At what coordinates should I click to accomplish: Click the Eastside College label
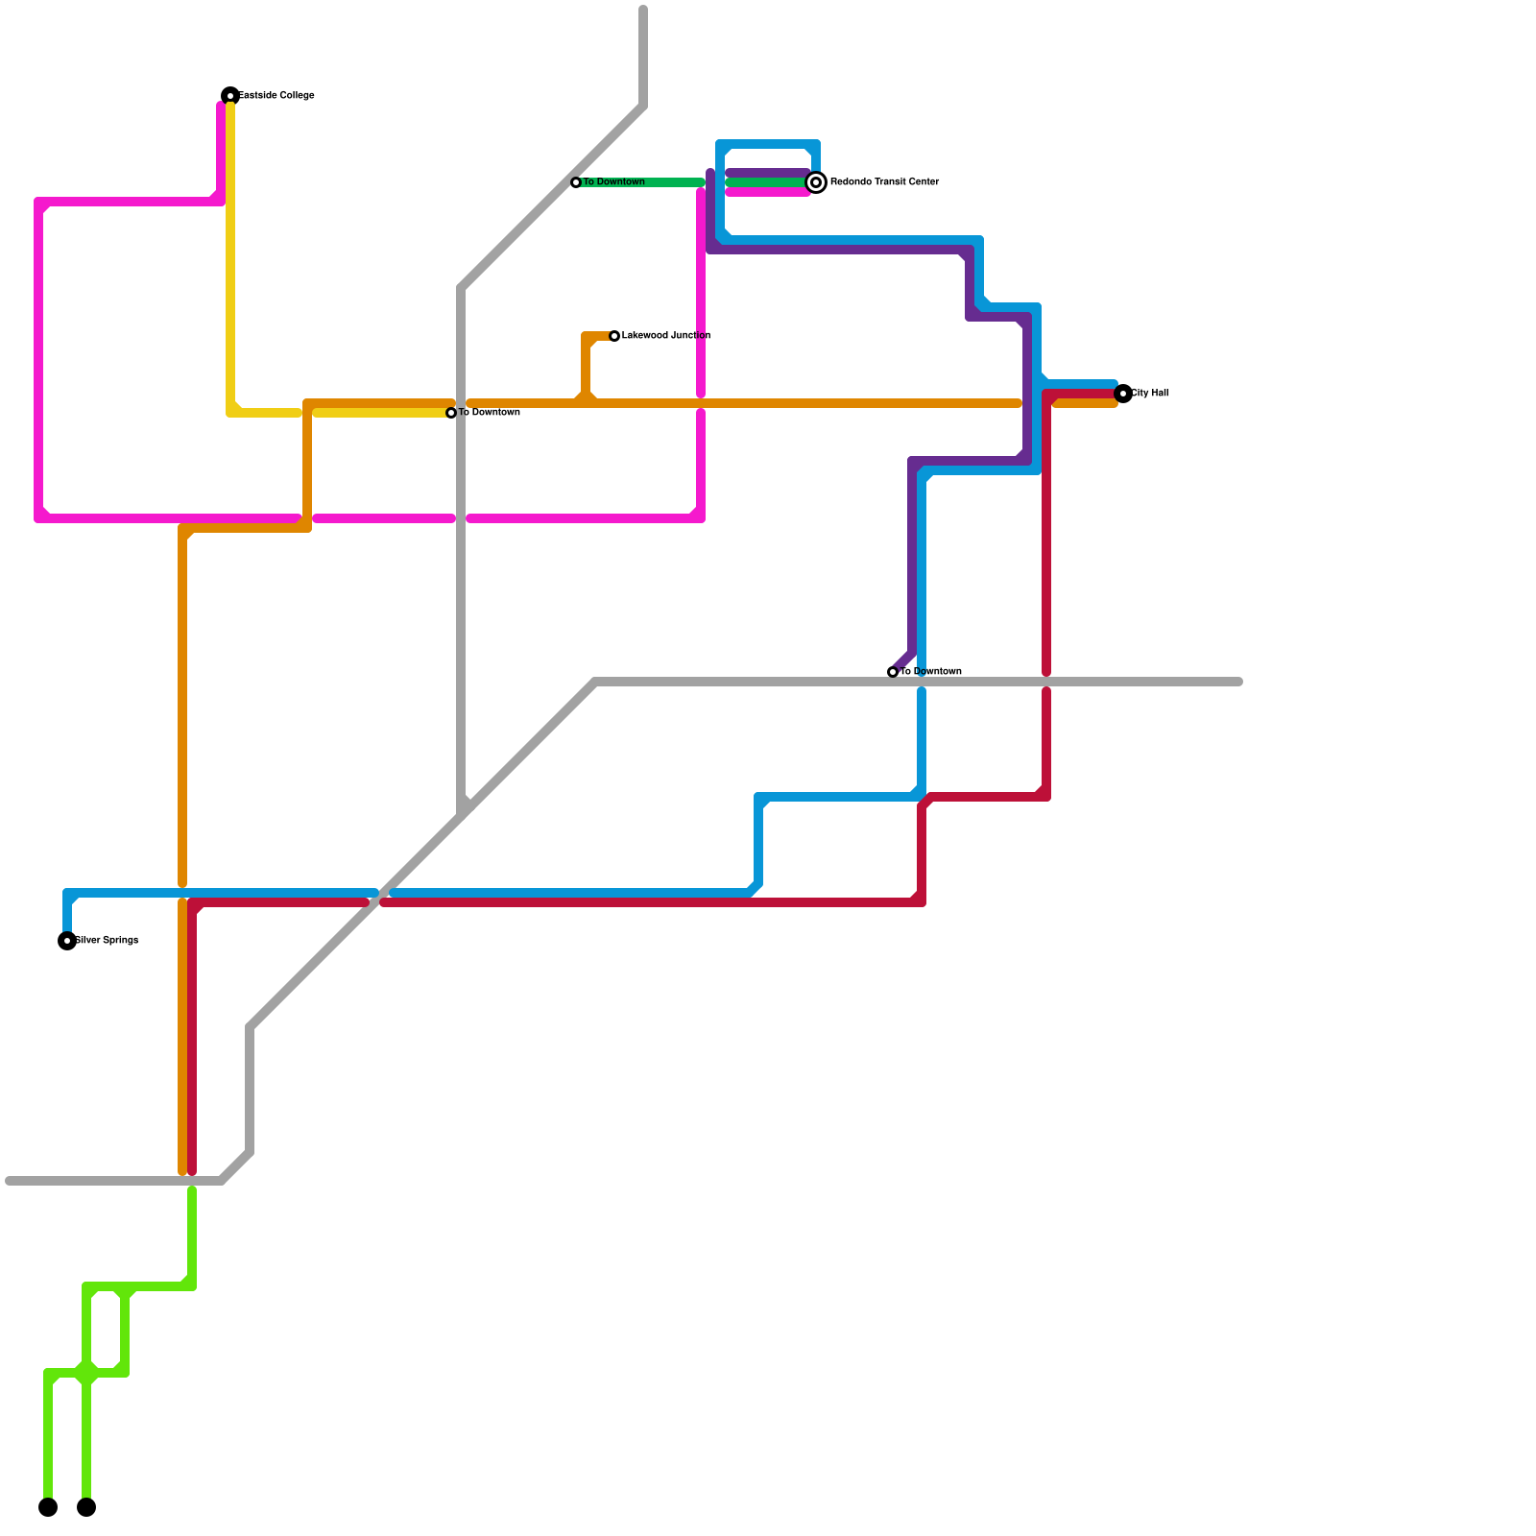coord(276,96)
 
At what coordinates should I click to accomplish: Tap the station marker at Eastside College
coord(230,96)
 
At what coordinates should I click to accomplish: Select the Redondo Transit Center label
coord(884,182)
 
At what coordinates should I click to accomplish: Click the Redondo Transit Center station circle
coord(816,182)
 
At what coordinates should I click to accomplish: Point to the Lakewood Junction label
coord(666,336)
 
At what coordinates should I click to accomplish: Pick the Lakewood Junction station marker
coord(614,336)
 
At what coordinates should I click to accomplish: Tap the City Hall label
coord(1150,394)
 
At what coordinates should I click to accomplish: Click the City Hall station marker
coord(1123,394)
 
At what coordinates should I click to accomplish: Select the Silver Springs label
coord(108,941)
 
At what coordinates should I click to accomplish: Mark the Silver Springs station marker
coord(67,941)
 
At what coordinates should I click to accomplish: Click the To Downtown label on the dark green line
coord(614,182)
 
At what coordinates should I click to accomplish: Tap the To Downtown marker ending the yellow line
coord(451,413)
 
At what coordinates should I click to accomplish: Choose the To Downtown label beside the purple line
coord(931,672)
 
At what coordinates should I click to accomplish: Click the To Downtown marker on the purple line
coord(893,672)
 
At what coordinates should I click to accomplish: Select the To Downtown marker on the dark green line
coord(576,182)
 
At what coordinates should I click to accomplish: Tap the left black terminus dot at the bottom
coord(48,1507)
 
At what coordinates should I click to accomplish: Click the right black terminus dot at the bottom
coord(86,1507)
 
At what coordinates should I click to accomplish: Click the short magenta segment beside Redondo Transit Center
coord(768,193)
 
